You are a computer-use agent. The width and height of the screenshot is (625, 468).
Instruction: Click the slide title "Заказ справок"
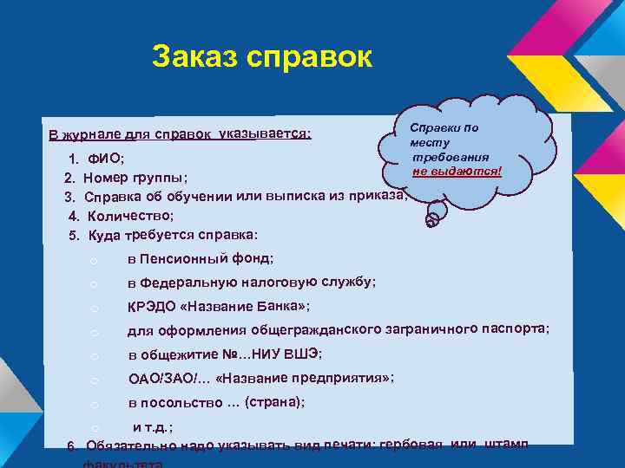[261, 58]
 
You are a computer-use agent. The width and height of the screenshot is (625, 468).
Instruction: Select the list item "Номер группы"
[135, 179]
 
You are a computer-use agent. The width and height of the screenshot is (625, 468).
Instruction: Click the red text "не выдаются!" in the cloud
[459, 172]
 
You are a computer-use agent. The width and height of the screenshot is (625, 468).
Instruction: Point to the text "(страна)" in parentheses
[274, 403]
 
